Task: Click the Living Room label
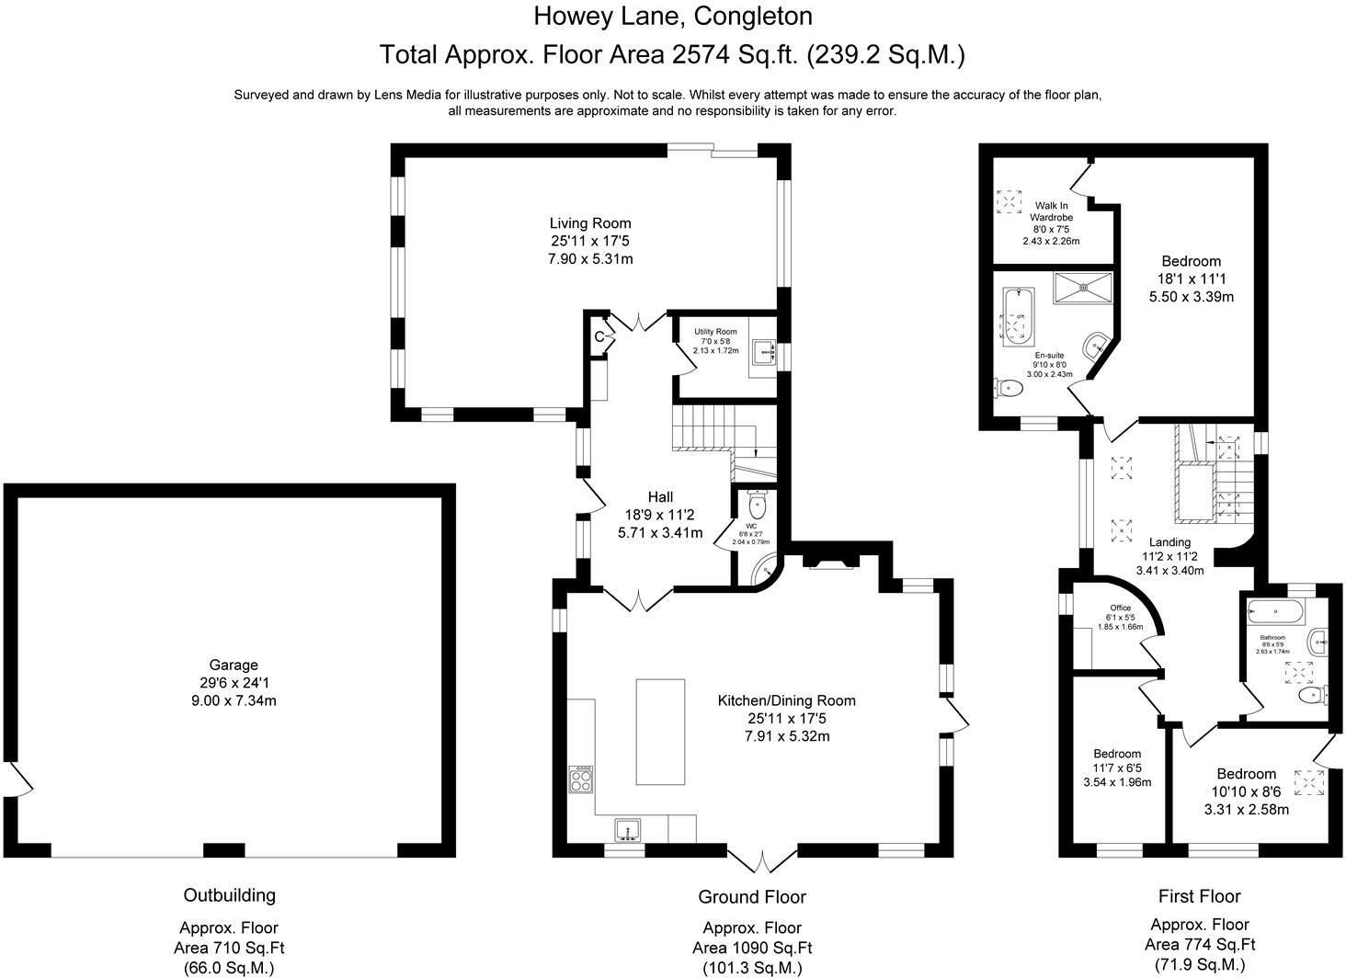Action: (x=590, y=223)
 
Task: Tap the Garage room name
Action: (x=234, y=665)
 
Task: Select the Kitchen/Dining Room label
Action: (x=787, y=700)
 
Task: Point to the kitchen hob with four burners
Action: (x=580, y=779)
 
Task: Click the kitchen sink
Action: (x=628, y=831)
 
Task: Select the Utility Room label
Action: (x=715, y=332)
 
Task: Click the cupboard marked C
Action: (x=599, y=336)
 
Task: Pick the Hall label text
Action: (x=660, y=496)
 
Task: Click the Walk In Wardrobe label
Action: (x=1051, y=211)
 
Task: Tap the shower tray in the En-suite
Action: (x=1082, y=289)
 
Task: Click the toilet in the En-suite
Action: (x=1008, y=388)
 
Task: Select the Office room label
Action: (x=1120, y=608)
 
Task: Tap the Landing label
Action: (x=1169, y=542)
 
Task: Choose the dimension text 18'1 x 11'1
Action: (x=1191, y=279)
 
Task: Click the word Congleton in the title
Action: (x=753, y=17)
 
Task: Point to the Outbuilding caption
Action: (x=230, y=895)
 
